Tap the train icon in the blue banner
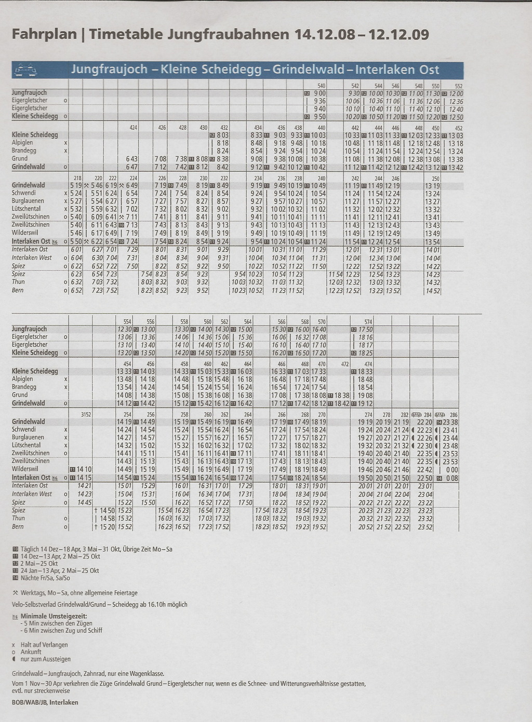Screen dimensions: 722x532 (25, 70)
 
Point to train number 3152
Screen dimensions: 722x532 (86, 414)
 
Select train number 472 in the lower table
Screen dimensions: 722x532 (345, 364)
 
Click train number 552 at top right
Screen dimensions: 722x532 (458, 86)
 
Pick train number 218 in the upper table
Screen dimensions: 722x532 (78, 178)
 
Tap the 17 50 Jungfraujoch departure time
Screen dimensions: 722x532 (366, 329)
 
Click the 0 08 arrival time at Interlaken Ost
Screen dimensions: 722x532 (452, 478)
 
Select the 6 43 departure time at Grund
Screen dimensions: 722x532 (132, 159)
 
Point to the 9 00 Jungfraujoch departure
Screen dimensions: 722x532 (320, 93)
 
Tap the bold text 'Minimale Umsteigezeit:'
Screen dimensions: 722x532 (54, 616)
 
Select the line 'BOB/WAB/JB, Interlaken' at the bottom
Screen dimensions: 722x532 (45, 702)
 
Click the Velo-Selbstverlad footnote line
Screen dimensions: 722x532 (99, 604)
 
